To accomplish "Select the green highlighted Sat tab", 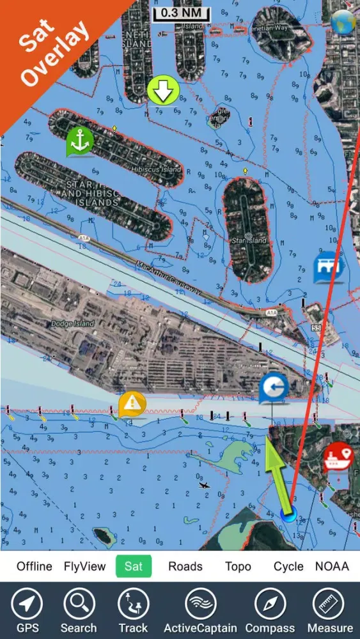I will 134,566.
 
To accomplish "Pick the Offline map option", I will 35,566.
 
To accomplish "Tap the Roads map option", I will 185,566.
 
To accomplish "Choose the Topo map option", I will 238,566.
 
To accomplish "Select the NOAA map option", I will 332,566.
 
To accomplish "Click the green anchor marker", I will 79,142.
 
